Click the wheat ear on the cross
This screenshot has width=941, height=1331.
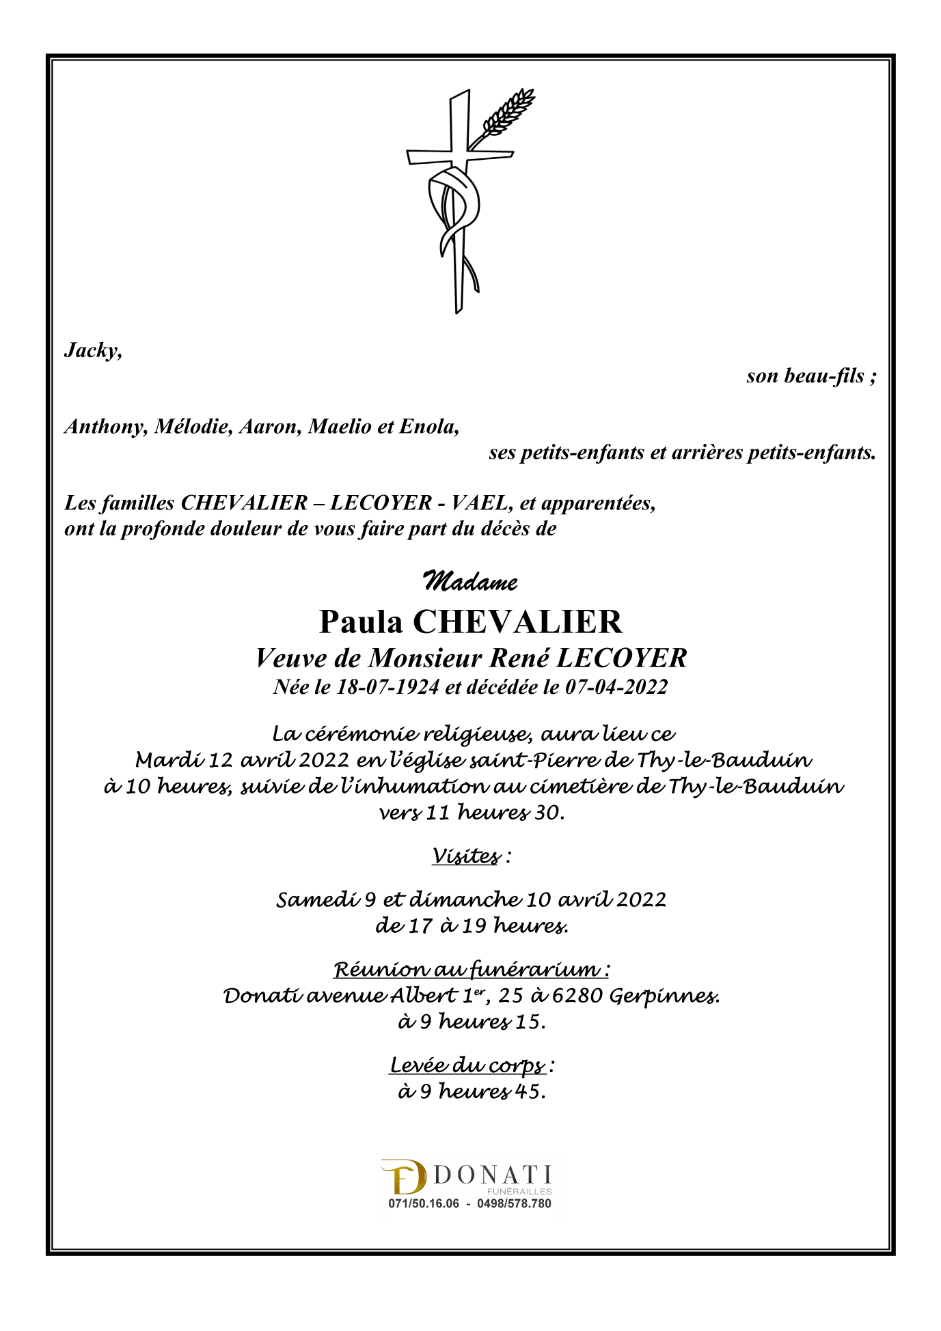coord(508,111)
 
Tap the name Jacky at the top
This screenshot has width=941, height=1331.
coord(93,350)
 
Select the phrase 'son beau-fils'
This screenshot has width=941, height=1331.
coord(805,376)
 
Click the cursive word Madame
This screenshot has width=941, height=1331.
coord(470,582)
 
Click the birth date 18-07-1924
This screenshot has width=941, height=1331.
coord(388,687)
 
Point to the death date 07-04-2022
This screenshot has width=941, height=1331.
coord(616,687)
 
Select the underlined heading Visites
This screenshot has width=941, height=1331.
coord(466,856)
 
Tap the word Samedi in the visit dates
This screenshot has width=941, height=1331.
coord(317,899)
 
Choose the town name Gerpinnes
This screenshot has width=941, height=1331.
coord(664,996)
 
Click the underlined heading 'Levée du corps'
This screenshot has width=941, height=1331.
coord(468,1065)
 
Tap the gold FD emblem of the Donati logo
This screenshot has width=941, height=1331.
coord(403,1177)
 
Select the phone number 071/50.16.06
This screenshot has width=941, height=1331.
coord(424,1204)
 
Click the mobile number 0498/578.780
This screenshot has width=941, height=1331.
coord(514,1204)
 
